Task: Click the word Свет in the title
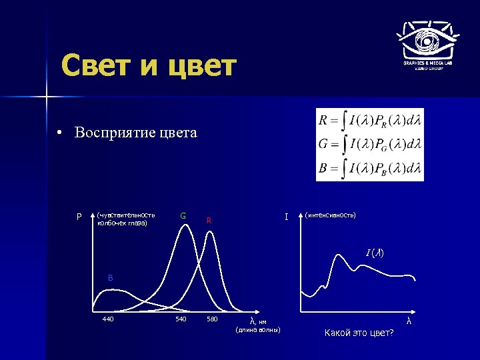(99, 66)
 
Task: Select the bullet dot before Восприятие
(60, 133)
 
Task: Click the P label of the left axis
(79, 217)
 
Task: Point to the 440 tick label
(107, 319)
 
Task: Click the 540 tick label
(181, 319)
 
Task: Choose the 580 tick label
(212, 319)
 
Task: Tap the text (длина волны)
(259, 330)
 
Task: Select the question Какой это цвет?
(359, 332)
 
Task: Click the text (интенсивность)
(330, 215)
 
